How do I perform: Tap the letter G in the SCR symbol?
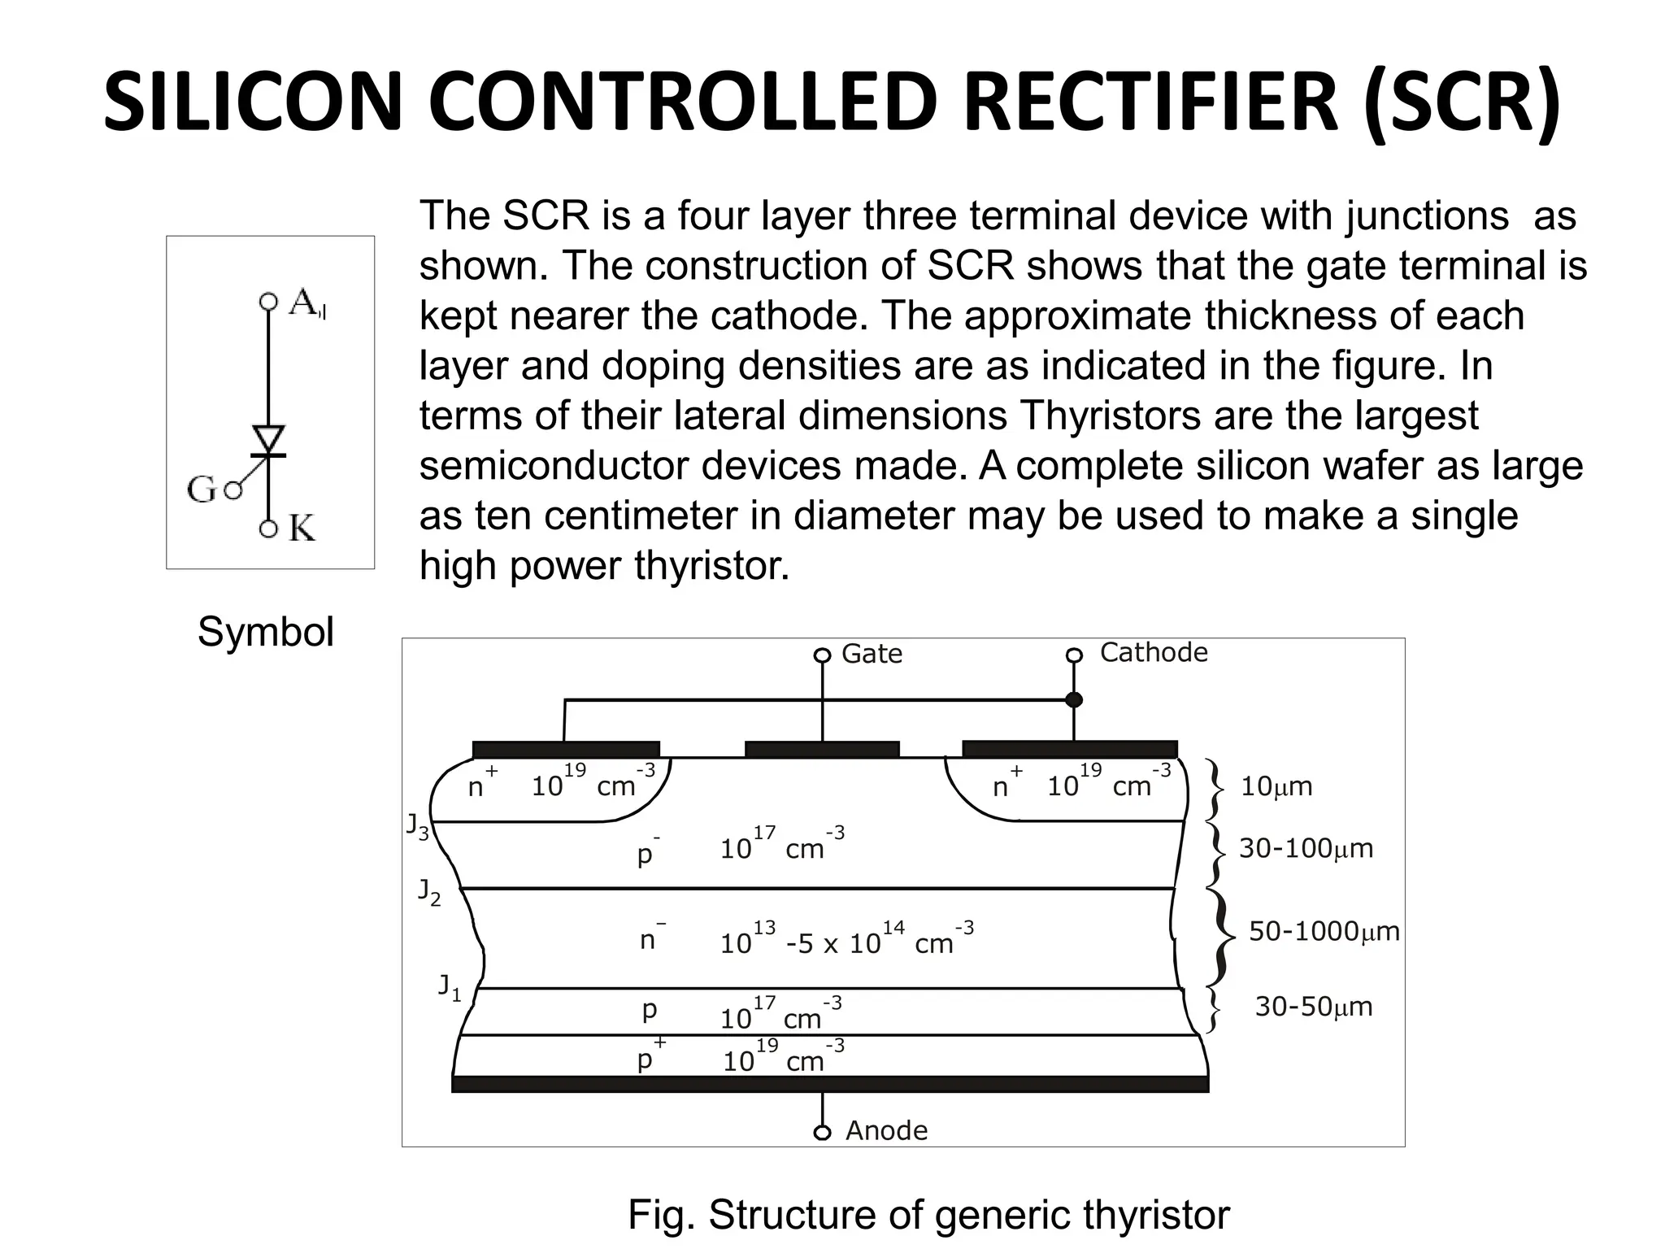pyautogui.click(x=201, y=490)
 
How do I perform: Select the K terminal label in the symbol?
pyautogui.click(x=302, y=529)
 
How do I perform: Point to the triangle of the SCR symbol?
pyautogui.click(x=268, y=439)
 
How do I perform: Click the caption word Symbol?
pyautogui.click(x=265, y=632)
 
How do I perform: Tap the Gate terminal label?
pyautogui.click(x=872, y=654)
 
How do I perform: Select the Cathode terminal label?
pyautogui.click(x=1153, y=652)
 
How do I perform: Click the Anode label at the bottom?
pyautogui.click(x=886, y=1130)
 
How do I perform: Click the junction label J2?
pyautogui.click(x=429, y=892)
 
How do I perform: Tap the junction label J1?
pyautogui.click(x=450, y=987)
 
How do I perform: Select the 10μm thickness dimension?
pyautogui.click(x=1276, y=786)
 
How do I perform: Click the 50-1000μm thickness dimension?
pyautogui.click(x=1324, y=931)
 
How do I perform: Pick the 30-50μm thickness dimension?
pyautogui.click(x=1313, y=1007)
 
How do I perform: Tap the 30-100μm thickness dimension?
pyautogui.click(x=1305, y=848)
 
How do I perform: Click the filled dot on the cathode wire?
pyautogui.click(x=1074, y=699)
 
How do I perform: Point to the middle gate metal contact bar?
pyautogui.click(x=822, y=749)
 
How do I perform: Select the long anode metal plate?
pyautogui.click(x=829, y=1084)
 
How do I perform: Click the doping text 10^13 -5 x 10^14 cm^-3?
pyautogui.click(x=846, y=940)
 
